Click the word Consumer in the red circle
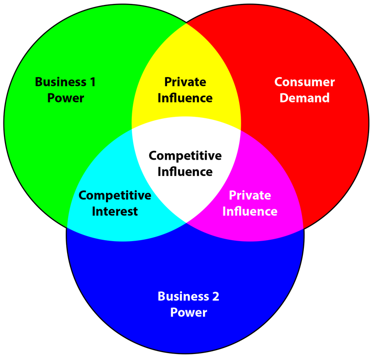coord(304,82)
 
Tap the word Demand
coord(304,98)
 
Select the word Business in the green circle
coord(59,82)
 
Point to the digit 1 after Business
coord(92,82)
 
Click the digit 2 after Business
coord(215,297)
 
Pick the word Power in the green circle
coord(66,98)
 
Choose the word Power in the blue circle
coord(188,313)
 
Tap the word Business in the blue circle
coord(181,297)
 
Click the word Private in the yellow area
coord(185,82)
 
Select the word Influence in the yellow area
coord(185,98)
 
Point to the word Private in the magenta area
coord(250,195)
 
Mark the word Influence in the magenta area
coord(250,211)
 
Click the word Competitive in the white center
coord(185,156)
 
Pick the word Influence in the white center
coord(185,172)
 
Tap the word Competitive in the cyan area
coord(115,195)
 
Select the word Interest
coord(115,211)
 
